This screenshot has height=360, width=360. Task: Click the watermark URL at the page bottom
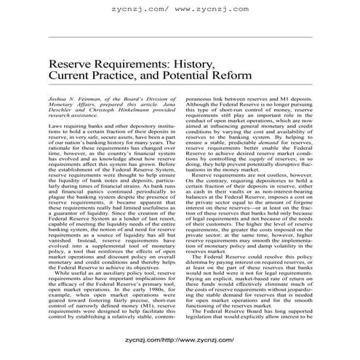[179, 339]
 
